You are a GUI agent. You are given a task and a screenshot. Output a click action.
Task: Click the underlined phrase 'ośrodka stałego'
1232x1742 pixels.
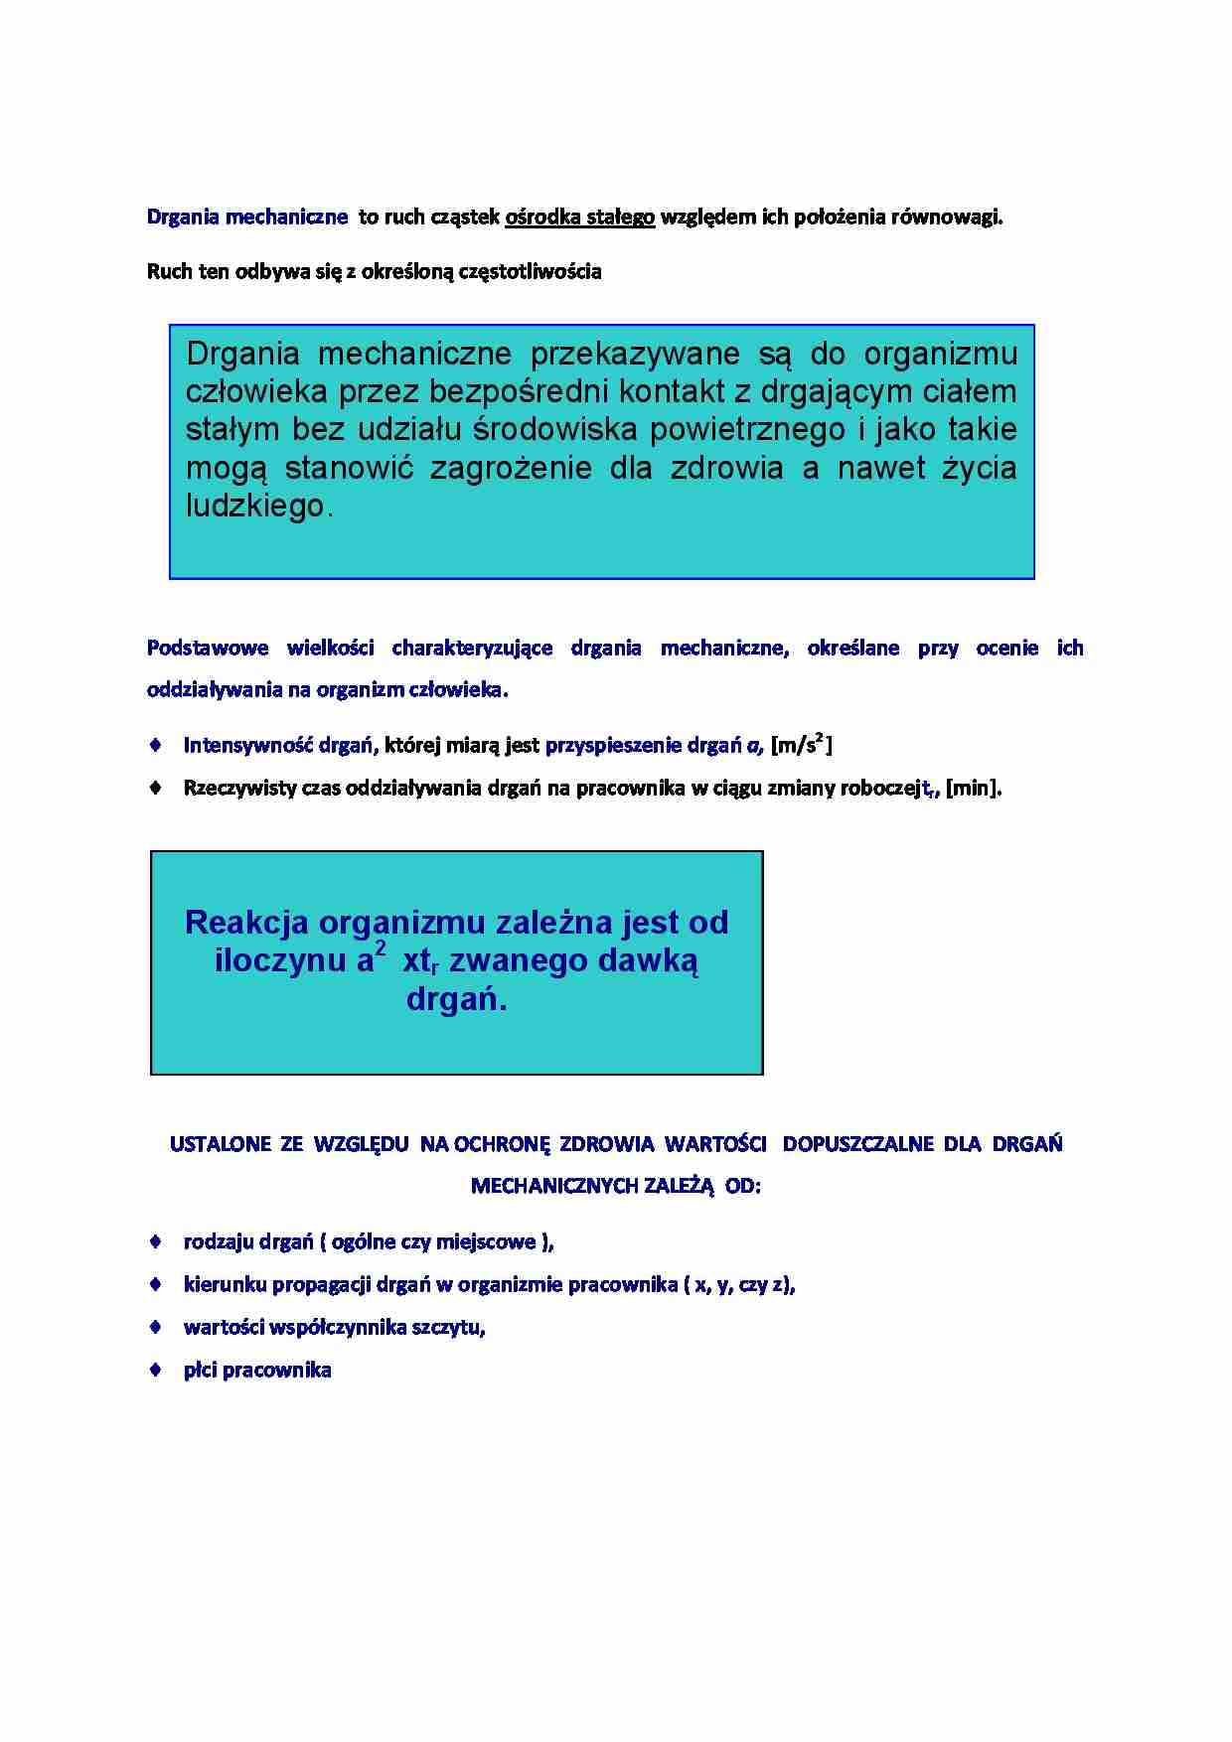[x=580, y=218]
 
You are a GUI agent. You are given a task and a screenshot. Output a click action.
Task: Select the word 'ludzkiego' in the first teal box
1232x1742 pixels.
[x=255, y=507]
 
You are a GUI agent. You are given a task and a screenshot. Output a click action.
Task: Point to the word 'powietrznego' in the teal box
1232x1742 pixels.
[x=745, y=430]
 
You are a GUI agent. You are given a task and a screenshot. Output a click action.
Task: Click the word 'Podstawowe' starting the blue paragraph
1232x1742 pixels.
[x=208, y=649]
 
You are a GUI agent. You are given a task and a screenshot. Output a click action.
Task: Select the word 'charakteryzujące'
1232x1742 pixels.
[x=472, y=649]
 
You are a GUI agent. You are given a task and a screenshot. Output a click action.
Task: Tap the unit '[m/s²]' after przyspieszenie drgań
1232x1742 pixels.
[x=801, y=745]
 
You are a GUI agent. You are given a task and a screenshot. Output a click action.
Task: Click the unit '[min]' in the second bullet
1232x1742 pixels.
[x=973, y=789]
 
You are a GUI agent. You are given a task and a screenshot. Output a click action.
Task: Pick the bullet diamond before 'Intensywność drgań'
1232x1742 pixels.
[x=155, y=744]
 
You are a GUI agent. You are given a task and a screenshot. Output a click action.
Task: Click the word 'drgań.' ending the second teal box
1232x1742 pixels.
[x=456, y=999]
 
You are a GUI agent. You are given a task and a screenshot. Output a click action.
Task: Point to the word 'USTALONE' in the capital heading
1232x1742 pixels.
[x=221, y=1144]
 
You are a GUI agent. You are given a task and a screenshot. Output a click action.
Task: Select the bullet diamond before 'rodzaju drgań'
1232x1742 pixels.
[x=155, y=1240]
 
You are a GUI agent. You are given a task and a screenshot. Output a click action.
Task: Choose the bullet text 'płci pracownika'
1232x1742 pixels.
[x=257, y=1371]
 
